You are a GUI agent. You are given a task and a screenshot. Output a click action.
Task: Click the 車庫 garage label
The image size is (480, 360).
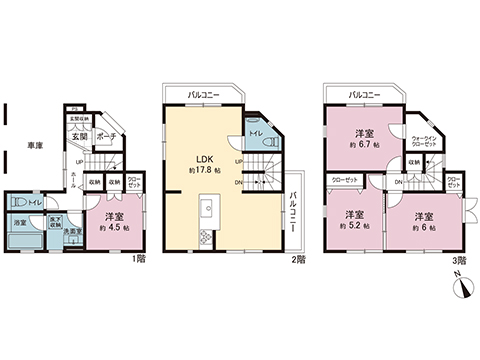pyautogui.click(x=34, y=146)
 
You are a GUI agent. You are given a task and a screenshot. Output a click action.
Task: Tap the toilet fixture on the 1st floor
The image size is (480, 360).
pyautogui.click(x=19, y=202)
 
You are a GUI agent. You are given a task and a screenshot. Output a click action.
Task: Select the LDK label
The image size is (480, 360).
pyautogui.click(x=203, y=157)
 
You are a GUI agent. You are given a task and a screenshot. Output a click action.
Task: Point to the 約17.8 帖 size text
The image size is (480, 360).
pyautogui.click(x=203, y=170)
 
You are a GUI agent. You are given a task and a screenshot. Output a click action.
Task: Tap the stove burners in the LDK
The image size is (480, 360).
pyautogui.click(x=205, y=237)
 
